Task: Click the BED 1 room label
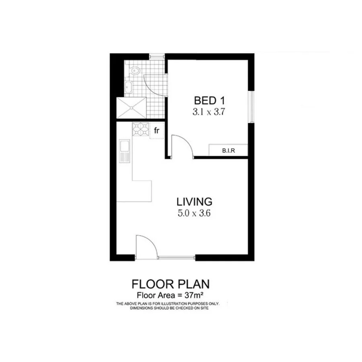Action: point(208,100)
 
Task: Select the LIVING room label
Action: point(194,201)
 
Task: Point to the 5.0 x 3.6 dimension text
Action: point(194,214)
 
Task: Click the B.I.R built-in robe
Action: point(228,150)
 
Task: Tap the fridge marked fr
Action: point(156,131)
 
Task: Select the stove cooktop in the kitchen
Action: point(140,130)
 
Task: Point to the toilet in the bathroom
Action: point(136,71)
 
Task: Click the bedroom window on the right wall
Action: point(251,106)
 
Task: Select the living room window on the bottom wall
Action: point(177,257)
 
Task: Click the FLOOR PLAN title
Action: point(171,284)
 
